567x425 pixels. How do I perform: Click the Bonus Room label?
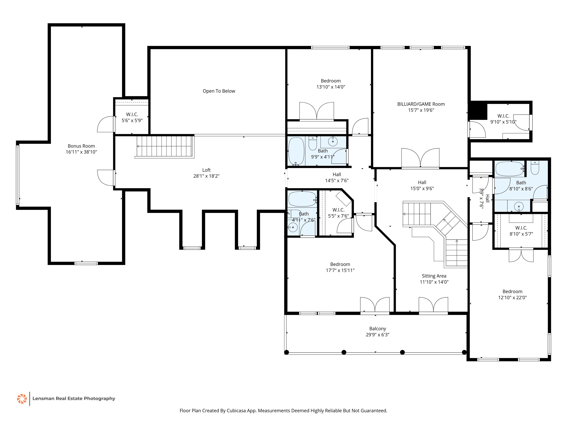click(81, 146)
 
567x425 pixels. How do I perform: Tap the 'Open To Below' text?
click(219, 91)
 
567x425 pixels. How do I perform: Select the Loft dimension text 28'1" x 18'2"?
click(206, 176)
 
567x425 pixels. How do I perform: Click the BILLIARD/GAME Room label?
click(421, 104)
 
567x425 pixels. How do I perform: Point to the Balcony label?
click(378, 329)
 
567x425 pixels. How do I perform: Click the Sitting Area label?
click(434, 276)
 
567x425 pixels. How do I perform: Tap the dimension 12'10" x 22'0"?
click(512, 297)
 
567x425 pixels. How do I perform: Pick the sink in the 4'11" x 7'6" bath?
click(293, 227)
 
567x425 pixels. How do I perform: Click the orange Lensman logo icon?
click(22, 399)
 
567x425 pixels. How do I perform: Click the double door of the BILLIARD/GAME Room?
click(420, 158)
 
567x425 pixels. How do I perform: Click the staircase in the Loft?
click(164, 146)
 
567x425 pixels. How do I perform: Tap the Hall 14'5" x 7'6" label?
click(337, 177)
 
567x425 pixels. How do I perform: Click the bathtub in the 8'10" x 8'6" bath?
click(510, 169)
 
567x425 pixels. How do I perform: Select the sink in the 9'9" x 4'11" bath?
click(333, 141)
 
